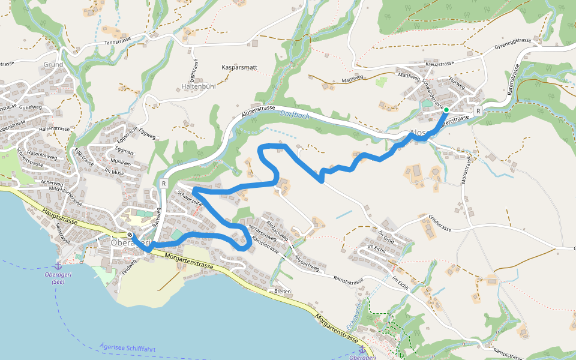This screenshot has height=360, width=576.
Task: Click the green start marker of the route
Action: tap(446, 110)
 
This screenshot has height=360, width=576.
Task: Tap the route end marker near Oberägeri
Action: tap(130, 235)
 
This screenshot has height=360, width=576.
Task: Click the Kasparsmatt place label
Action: tap(239, 67)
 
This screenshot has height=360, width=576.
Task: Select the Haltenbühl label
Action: tap(199, 86)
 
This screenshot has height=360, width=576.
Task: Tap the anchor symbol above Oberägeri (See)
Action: tap(58, 265)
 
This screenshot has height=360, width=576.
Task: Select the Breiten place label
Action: tap(282, 292)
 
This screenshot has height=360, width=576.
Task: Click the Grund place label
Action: tap(53, 64)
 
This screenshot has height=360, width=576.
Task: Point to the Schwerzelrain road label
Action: tap(191, 199)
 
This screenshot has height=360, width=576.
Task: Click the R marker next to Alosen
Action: tap(478, 111)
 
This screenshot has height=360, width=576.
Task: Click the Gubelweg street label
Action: tap(30, 107)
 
